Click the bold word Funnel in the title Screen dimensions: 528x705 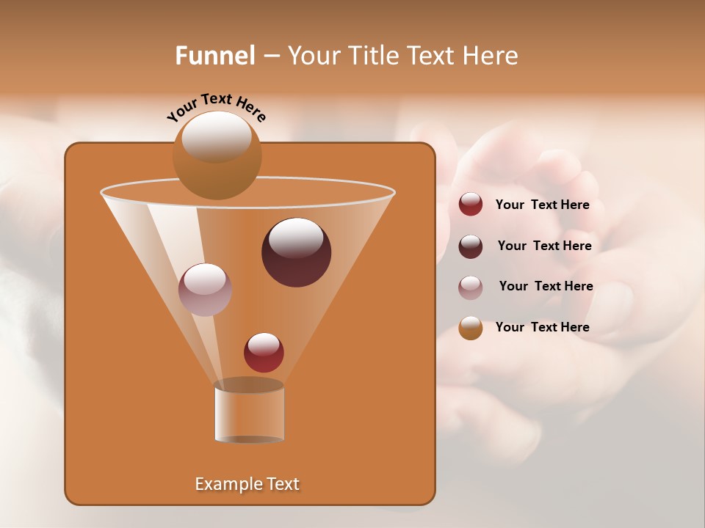[x=215, y=56]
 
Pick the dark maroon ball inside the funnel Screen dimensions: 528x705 [x=297, y=252]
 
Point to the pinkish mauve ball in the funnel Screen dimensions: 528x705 [x=205, y=290]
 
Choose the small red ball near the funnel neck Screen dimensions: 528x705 [x=264, y=353]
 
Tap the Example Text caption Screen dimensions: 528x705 [x=247, y=484]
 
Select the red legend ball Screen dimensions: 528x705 [x=471, y=205]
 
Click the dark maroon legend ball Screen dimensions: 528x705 [x=471, y=246]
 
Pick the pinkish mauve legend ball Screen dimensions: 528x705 [x=471, y=287]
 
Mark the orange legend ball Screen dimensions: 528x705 [x=471, y=328]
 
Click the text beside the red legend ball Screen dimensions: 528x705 [x=542, y=205]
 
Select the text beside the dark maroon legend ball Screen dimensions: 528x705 [x=544, y=246]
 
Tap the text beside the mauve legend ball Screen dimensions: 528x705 [x=546, y=286]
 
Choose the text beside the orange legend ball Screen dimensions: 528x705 [x=542, y=327]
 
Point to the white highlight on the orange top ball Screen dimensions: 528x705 [x=216, y=136]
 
